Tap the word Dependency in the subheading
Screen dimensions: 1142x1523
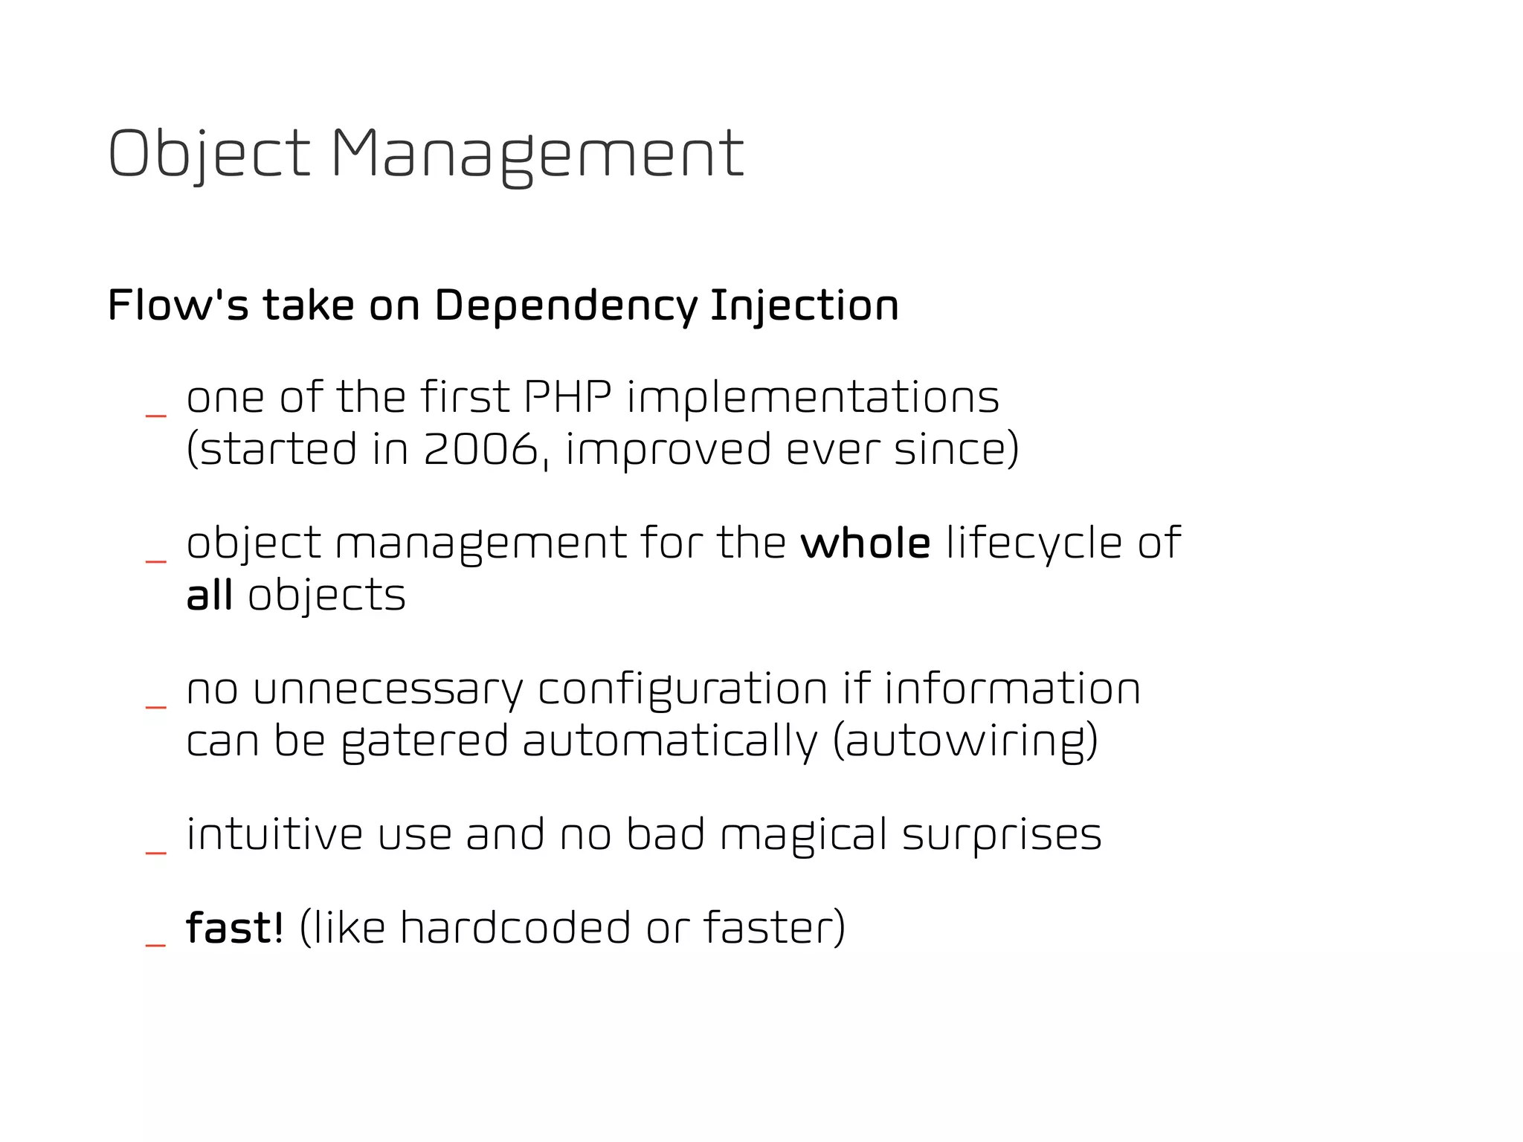tap(566, 306)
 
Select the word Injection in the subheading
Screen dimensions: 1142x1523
tap(805, 306)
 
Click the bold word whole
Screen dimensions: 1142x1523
tap(865, 543)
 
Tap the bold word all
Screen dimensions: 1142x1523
tap(210, 595)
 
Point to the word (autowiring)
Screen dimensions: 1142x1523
tap(965, 741)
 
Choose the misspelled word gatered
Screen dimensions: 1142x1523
tap(425, 741)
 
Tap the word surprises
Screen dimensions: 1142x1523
tap(1002, 834)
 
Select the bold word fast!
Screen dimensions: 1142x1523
tap(235, 927)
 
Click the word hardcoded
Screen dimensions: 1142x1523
tap(515, 927)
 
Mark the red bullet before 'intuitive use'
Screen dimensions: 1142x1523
tap(155, 852)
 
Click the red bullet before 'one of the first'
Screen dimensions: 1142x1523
tap(155, 415)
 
